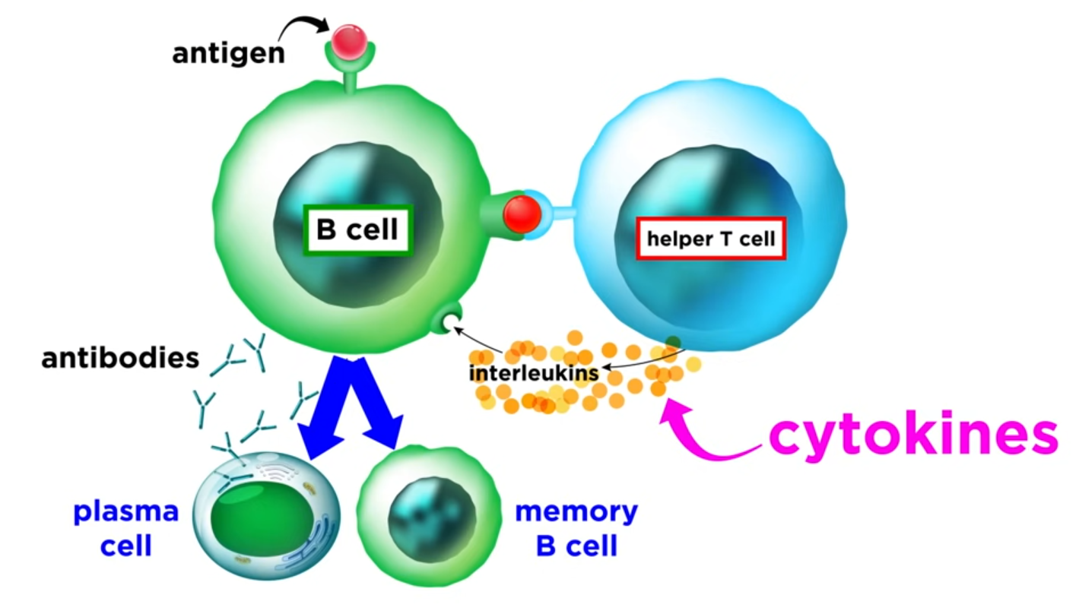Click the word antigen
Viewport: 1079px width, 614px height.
[228, 54]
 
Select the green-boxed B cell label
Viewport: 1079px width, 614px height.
[357, 229]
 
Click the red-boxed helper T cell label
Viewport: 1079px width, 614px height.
[710, 239]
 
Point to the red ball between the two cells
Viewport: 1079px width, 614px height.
[522, 214]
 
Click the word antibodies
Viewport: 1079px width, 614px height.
[121, 358]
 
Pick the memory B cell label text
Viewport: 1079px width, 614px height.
[576, 529]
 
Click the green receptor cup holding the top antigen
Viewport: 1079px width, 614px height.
[347, 57]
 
